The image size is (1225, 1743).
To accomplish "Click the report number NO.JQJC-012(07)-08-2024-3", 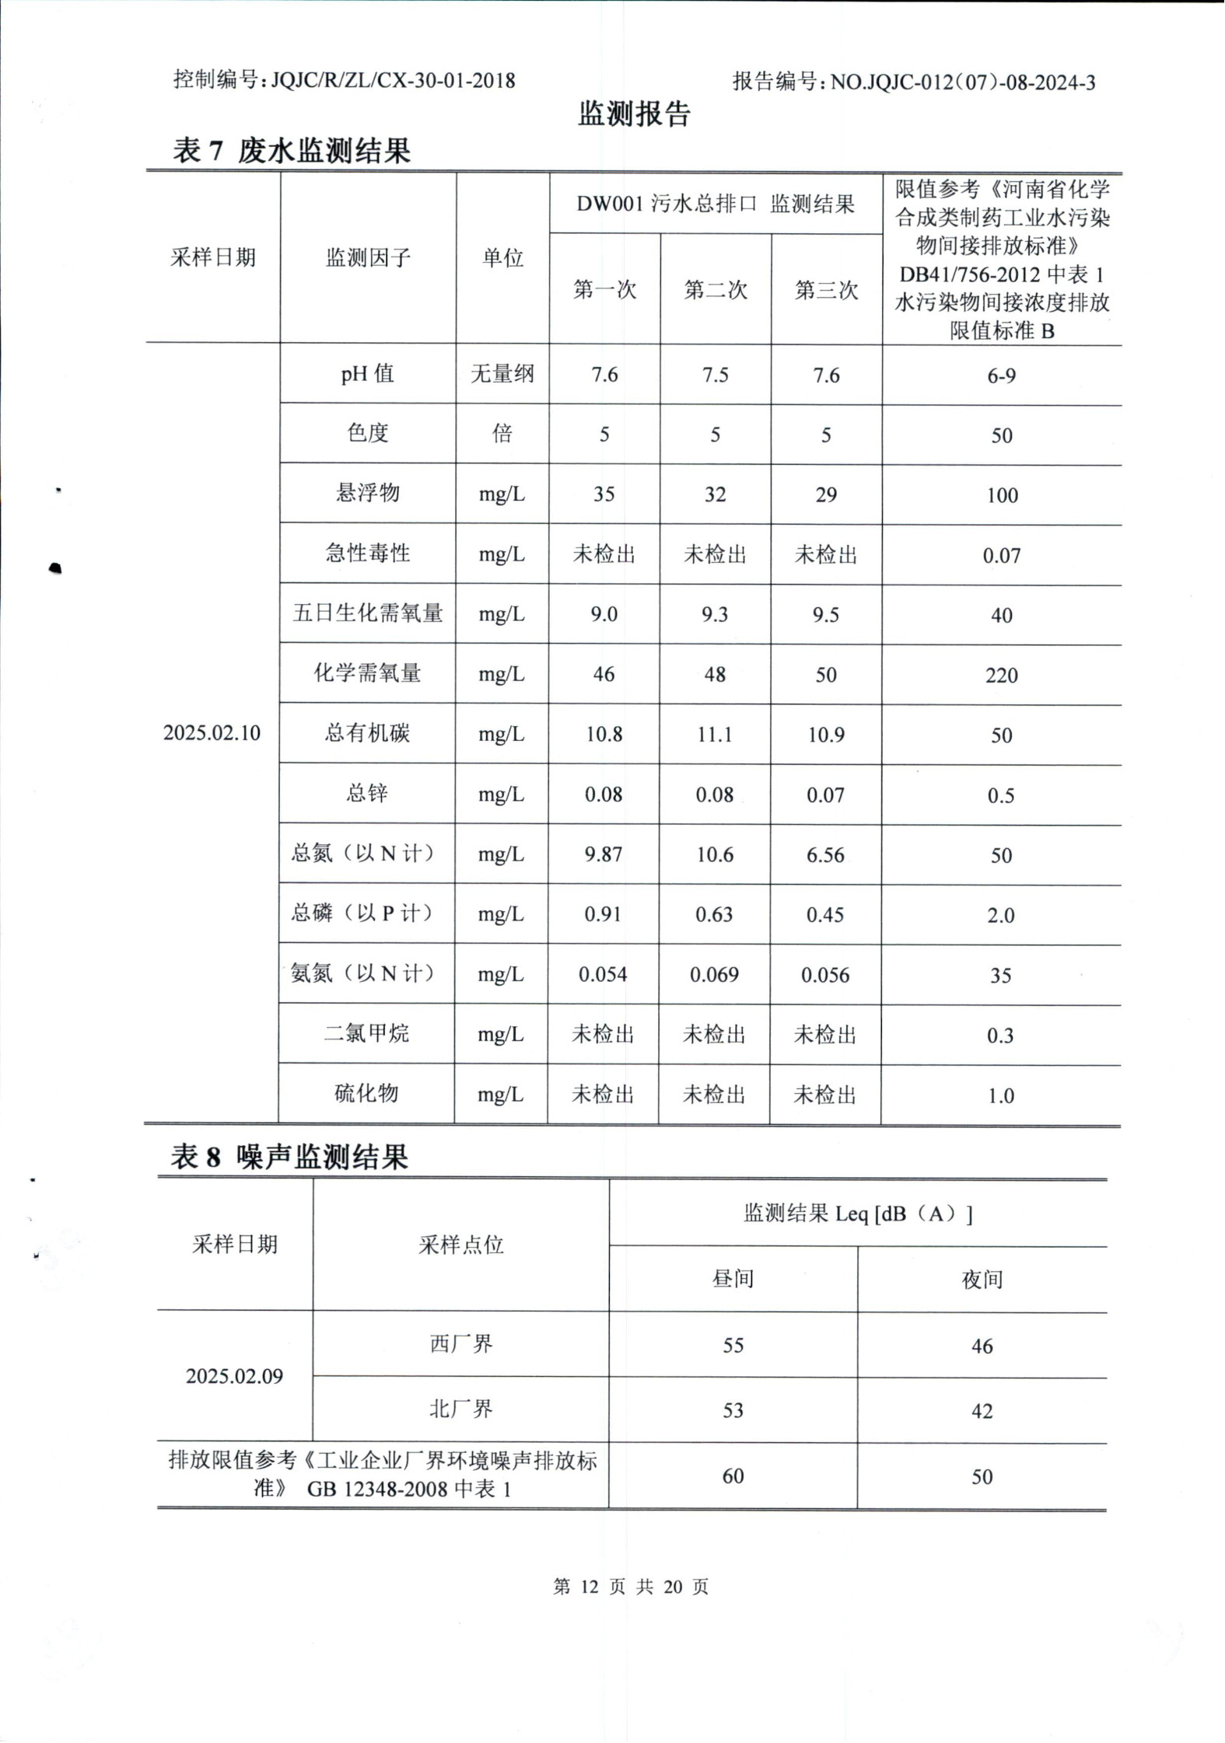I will [x=963, y=82].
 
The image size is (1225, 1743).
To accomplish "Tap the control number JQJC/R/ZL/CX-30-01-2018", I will [x=393, y=80].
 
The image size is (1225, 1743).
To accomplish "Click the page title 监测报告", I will [x=634, y=115].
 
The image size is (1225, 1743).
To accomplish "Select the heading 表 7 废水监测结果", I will [x=292, y=150].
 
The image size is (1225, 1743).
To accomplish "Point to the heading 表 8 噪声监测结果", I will [x=289, y=1158].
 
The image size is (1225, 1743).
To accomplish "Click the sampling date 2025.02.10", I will [x=212, y=733].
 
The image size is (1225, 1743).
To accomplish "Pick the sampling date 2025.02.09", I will [x=234, y=1376].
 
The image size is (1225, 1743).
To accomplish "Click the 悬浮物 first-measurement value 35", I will [x=604, y=494].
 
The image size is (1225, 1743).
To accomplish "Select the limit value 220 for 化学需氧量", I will [x=1001, y=675].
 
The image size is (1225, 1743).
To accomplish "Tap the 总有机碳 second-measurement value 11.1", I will [x=715, y=735].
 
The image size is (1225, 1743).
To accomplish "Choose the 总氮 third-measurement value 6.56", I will [x=825, y=854].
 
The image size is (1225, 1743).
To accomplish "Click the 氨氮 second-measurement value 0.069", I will [x=714, y=974].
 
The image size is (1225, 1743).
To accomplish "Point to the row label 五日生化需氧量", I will [x=367, y=613].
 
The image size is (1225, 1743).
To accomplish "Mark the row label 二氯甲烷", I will [x=366, y=1034].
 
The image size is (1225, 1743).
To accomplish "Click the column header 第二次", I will [x=716, y=290].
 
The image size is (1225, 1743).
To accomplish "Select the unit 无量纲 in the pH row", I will [x=502, y=374].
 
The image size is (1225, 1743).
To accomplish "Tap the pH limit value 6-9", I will [x=1001, y=375].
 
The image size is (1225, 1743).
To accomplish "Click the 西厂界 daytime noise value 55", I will [x=733, y=1345].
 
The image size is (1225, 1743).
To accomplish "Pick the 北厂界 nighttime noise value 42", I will [x=982, y=1410].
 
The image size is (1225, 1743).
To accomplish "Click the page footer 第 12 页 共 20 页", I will [x=631, y=1587].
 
